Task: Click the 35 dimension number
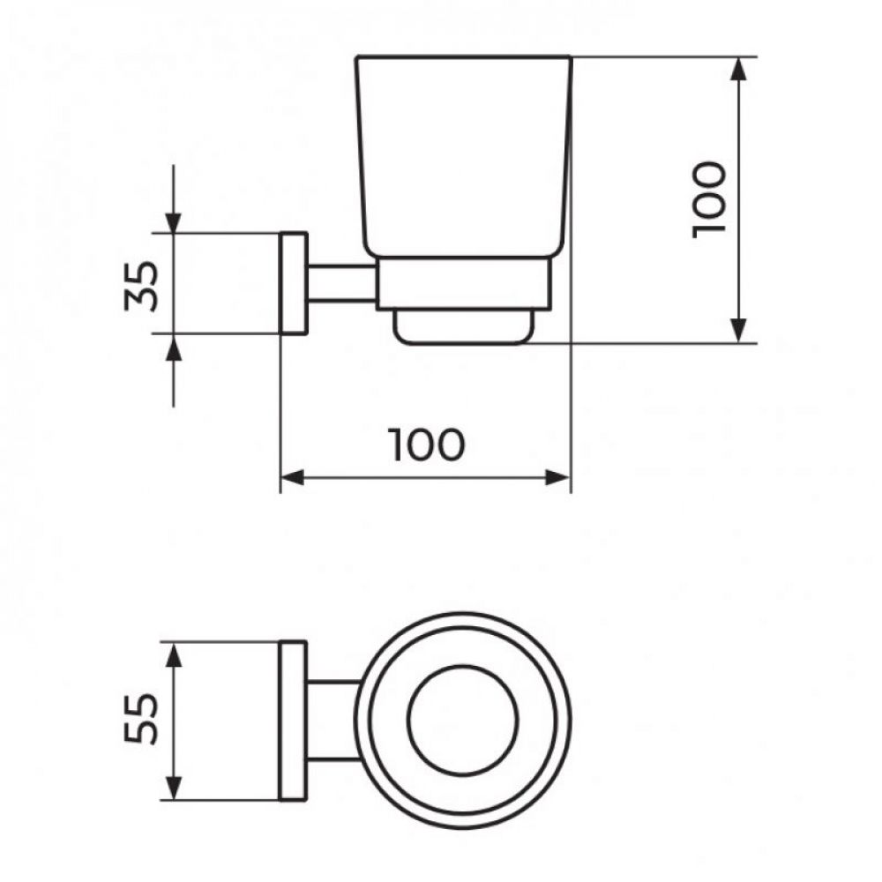point(143,284)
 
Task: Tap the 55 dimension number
point(143,720)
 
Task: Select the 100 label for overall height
point(709,198)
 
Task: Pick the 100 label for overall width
point(426,445)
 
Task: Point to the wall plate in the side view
point(294,284)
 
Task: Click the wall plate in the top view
point(294,720)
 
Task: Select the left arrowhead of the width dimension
point(292,478)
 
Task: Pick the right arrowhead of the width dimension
point(559,478)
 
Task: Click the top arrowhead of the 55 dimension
point(175,655)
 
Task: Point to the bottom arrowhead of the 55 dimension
point(175,788)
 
